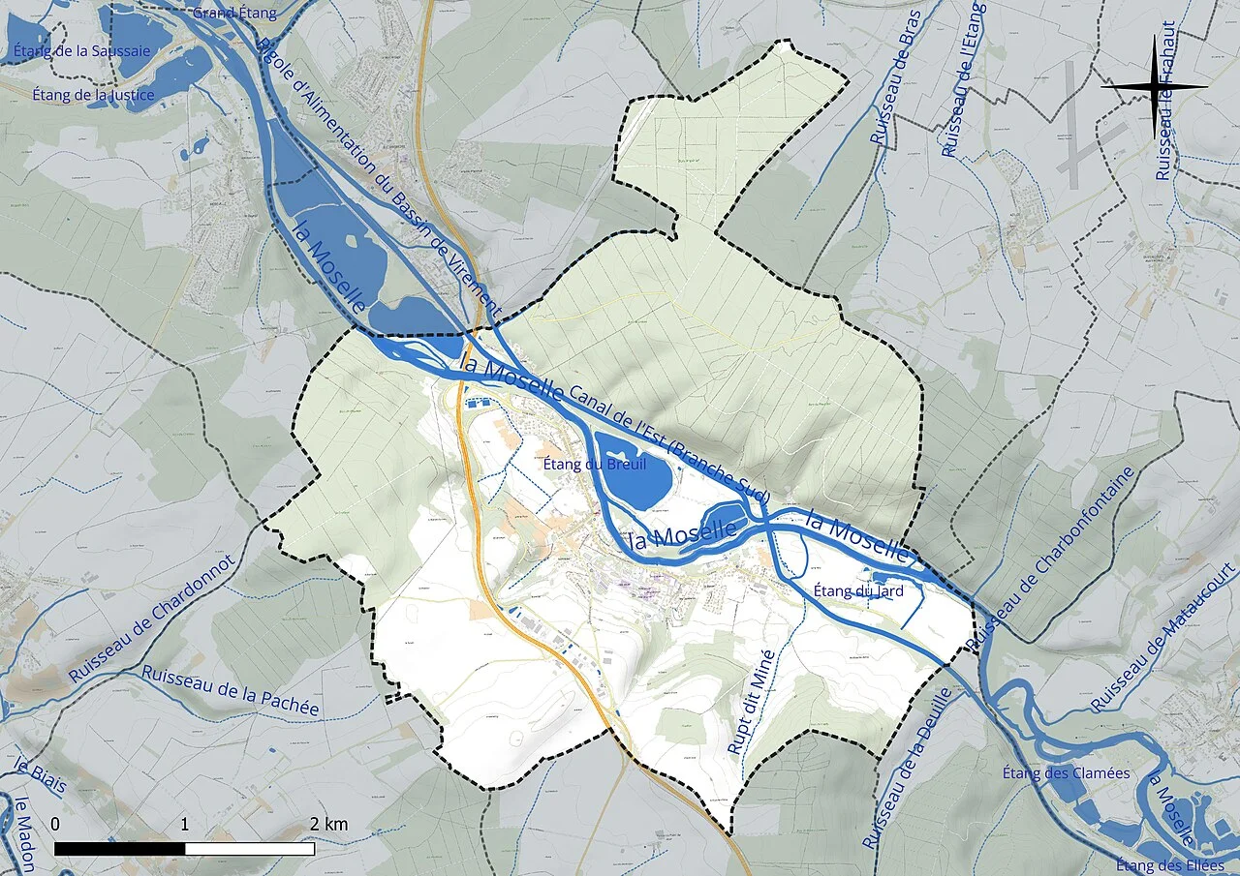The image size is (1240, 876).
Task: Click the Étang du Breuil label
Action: tap(595, 464)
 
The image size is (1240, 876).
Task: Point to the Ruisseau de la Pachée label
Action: tap(230, 690)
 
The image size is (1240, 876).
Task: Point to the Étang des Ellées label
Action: tap(1169, 864)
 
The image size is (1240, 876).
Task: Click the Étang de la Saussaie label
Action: tap(82, 50)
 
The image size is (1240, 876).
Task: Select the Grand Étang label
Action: tap(234, 13)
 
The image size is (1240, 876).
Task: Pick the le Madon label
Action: tap(22, 832)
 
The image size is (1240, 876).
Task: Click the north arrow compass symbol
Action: tap(1154, 87)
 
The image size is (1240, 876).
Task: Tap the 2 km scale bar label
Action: tap(328, 825)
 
